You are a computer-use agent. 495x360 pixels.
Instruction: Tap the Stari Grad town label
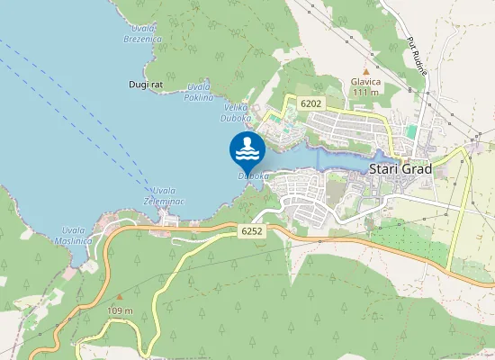(x=400, y=168)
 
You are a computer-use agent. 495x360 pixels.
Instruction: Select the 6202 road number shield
(x=310, y=104)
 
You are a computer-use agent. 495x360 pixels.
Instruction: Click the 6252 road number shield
(x=253, y=231)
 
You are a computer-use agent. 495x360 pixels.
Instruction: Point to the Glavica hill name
(x=365, y=81)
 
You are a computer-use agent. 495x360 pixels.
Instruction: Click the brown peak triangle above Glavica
(x=365, y=69)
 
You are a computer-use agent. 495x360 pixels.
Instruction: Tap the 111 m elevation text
(x=365, y=92)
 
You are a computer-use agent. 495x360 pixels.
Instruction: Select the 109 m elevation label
(x=120, y=311)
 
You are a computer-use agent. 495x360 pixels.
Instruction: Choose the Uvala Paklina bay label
(x=199, y=92)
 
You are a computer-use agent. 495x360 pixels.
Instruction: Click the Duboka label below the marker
(x=253, y=176)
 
